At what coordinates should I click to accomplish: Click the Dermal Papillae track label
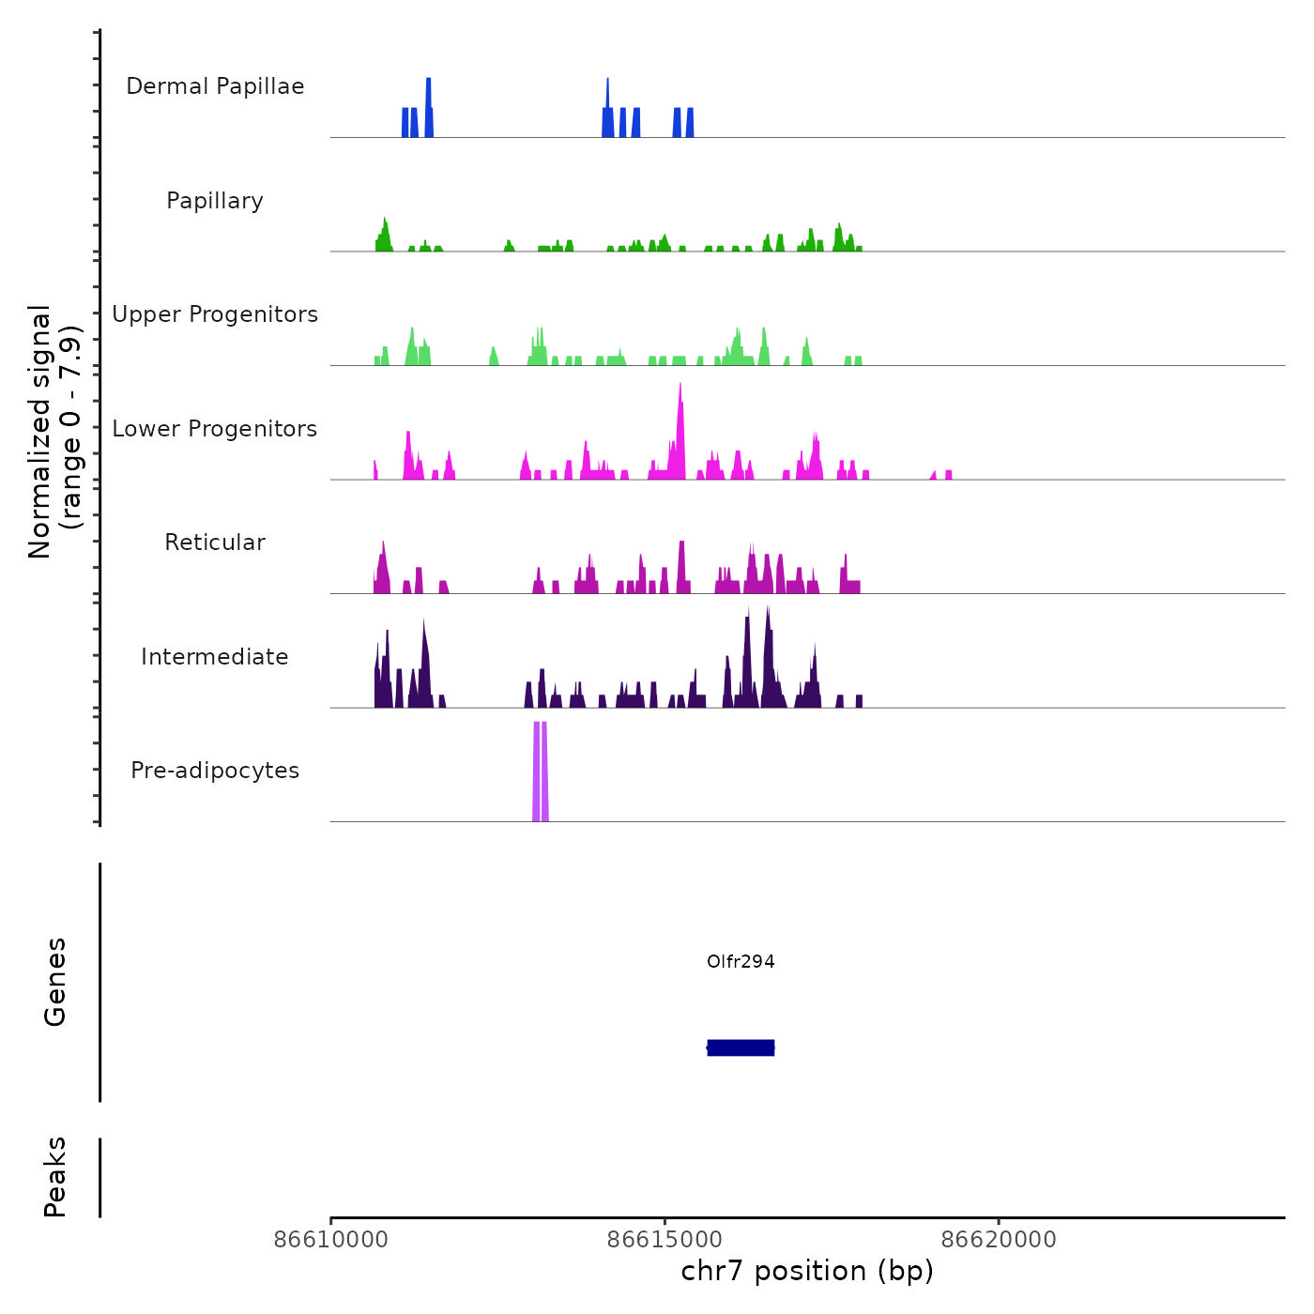tap(215, 86)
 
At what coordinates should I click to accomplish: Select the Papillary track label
tap(215, 201)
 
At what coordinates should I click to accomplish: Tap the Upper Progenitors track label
tap(215, 314)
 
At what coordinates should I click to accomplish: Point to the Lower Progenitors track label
tap(215, 429)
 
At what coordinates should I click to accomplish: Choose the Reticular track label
tap(215, 542)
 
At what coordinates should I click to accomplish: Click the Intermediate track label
tap(215, 657)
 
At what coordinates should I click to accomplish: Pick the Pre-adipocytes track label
tap(215, 771)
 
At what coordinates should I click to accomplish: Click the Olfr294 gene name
tap(741, 961)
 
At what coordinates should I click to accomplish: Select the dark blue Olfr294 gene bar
tap(741, 1047)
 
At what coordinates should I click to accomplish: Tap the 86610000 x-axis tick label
tap(330, 1239)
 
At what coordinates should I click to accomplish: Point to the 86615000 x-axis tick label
tap(665, 1239)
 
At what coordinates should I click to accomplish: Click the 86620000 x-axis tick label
tap(999, 1239)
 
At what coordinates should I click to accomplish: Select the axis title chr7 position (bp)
tap(807, 1271)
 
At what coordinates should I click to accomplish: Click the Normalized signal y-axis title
tap(54, 432)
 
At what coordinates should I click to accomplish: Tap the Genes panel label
tap(55, 982)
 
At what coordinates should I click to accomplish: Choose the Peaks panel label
tap(55, 1177)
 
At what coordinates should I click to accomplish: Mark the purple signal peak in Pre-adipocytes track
tap(540, 770)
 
